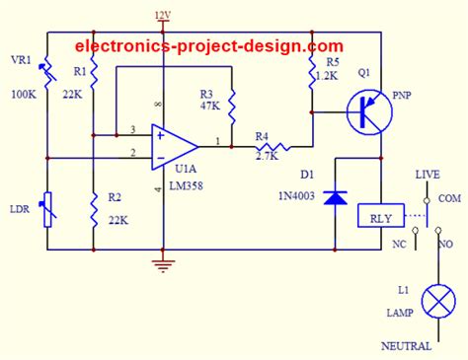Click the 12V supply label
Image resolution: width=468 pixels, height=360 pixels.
[163, 14]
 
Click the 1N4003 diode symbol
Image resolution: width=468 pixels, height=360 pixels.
[337, 197]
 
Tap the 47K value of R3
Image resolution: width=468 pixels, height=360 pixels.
[210, 105]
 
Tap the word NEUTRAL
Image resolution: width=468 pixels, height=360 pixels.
[406, 347]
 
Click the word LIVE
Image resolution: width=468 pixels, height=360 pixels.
[427, 174]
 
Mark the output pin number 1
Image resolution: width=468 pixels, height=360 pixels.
[218, 139]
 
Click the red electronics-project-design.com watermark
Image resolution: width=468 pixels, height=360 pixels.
[210, 45]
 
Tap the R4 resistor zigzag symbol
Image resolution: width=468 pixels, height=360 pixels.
[269, 146]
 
